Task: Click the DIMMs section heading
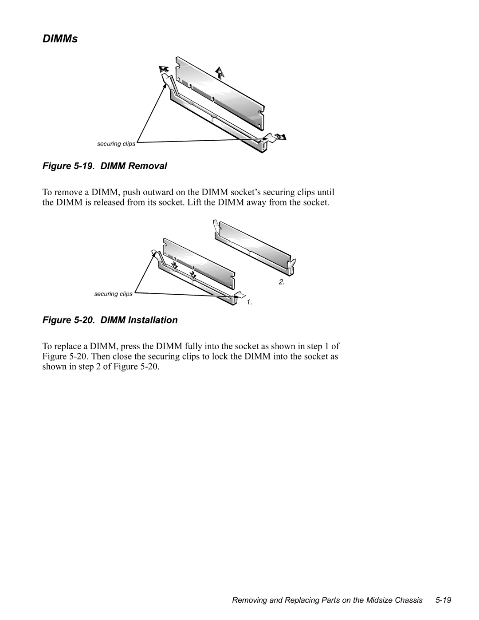click(x=60, y=39)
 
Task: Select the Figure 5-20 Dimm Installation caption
click(x=110, y=320)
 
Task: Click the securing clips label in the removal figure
click(x=116, y=144)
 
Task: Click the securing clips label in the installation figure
click(x=113, y=294)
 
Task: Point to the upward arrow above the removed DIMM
click(x=219, y=72)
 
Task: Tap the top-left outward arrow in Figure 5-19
click(x=164, y=69)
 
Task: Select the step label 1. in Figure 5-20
click(x=249, y=302)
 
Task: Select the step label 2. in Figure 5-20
click(x=281, y=283)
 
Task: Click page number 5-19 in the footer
click(x=444, y=600)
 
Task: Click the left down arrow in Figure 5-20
click(x=175, y=265)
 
